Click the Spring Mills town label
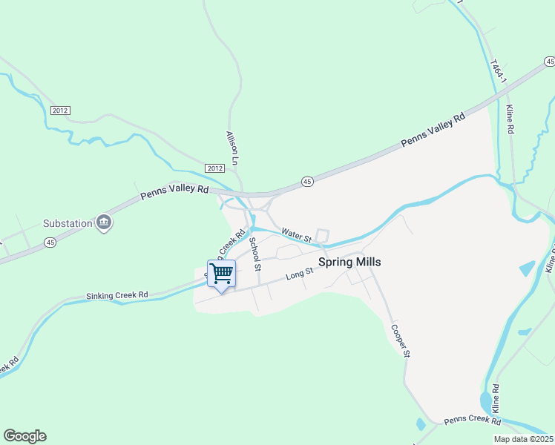click(349, 262)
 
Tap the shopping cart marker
click(221, 274)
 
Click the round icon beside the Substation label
click(104, 223)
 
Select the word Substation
click(68, 223)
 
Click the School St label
click(255, 254)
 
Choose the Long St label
click(301, 275)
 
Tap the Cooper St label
click(399, 340)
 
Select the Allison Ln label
click(233, 148)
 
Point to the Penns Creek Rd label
click(473, 421)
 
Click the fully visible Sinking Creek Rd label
click(117, 295)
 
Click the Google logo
click(24, 436)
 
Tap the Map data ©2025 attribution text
click(524, 439)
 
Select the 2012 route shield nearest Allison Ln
click(214, 168)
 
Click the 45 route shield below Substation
click(50, 242)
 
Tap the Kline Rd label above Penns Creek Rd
click(495, 399)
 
